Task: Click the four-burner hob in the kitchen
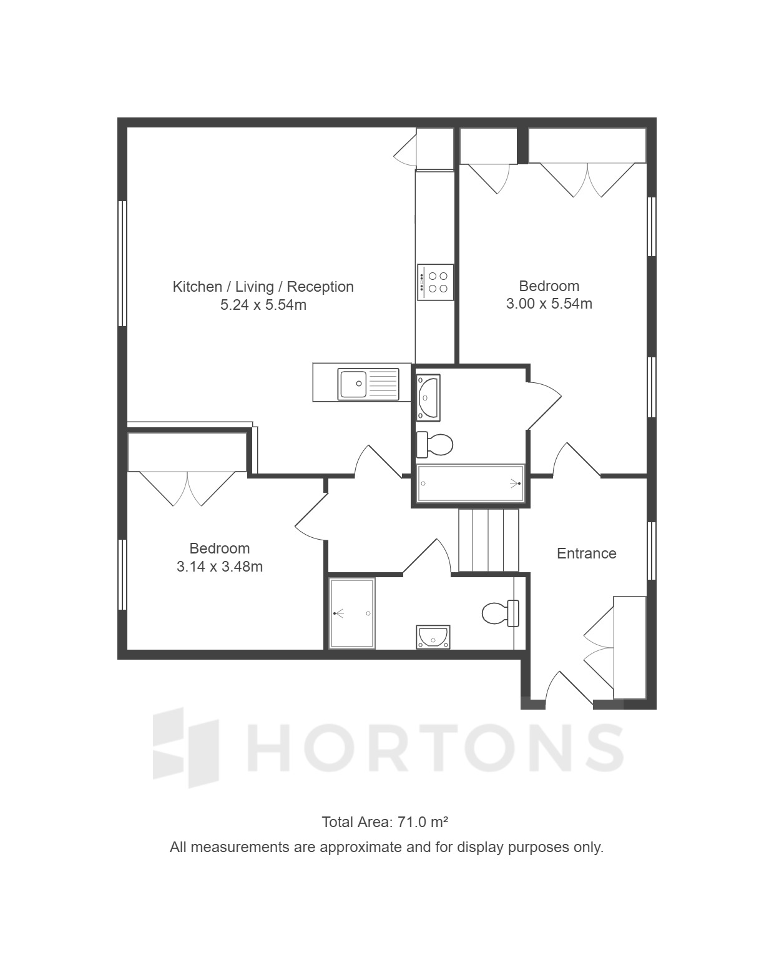click(435, 282)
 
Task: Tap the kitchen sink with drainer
click(368, 384)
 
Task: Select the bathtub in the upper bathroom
click(471, 483)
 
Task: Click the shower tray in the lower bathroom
click(351, 613)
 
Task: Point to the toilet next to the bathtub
click(434, 445)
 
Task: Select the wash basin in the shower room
click(433, 637)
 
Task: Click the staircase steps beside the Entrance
click(488, 540)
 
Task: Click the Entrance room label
click(586, 553)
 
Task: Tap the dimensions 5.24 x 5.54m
click(263, 305)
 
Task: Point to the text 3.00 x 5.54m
click(549, 303)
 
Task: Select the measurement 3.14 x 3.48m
click(220, 567)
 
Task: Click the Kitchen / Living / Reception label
click(263, 287)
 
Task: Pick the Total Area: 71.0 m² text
click(385, 822)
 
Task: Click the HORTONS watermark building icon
click(186, 748)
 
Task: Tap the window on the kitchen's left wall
click(122, 264)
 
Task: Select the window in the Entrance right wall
click(652, 551)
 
